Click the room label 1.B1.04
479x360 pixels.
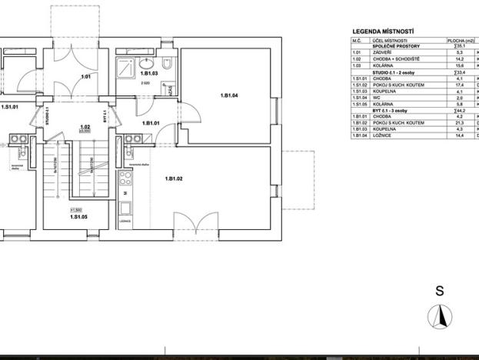tap(229, 95)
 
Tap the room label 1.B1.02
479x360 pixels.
tap(173, 178)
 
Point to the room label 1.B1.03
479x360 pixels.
tap(149, 73)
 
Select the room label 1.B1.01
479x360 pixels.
tap(150, 123)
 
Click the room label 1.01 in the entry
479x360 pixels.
tap(86, 77)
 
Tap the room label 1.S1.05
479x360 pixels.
tap(78, 218)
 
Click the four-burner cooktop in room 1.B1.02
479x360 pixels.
tap(125, 178)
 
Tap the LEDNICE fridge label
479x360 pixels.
tap(125, 222)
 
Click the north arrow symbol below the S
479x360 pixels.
tap(440, 315)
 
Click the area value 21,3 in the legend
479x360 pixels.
tap(461, 123)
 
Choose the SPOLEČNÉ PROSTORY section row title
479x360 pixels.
tap(397, 47)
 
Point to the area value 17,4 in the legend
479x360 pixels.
tap(461, 85)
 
